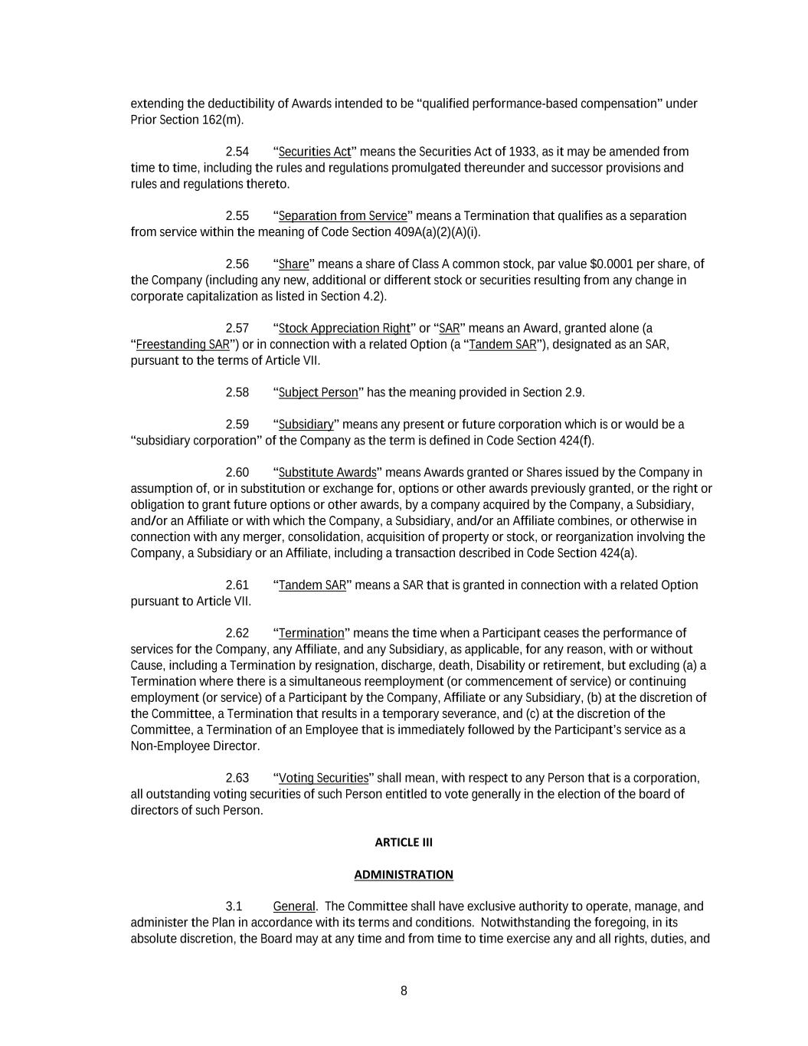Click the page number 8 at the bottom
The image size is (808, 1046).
coord(404,991)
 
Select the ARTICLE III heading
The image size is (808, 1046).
coord(404,842)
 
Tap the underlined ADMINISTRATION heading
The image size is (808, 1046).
coord(404,874)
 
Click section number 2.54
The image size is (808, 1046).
coord(237,152)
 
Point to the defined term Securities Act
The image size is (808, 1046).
coord(314,152)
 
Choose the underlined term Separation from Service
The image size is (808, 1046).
coord(342,216)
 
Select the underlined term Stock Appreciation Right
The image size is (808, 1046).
coord(344,329)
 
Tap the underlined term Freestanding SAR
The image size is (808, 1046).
coord(182,345)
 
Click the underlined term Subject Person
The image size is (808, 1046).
coord(318,393)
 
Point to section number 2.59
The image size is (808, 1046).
coord(237,425)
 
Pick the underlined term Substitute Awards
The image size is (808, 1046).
coord(327,473)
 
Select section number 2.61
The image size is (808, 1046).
coord(237,585)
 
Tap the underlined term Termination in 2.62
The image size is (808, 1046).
coord(311,634)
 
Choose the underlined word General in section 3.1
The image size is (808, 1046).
coord(293,907)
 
